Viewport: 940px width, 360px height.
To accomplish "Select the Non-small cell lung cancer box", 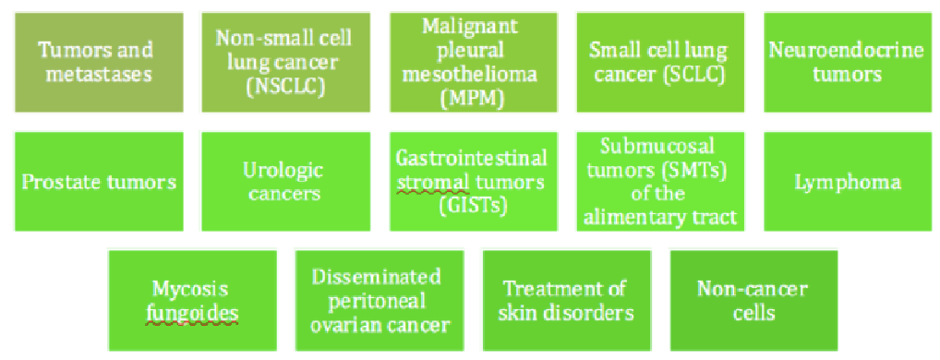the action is [x=285, y=62].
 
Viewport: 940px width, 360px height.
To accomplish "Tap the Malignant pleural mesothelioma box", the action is [x=473, y=62].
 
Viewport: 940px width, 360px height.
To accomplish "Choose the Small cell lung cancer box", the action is [x=660, y=62].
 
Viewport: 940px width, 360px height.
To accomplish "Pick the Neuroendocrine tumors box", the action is [x=848, y=62].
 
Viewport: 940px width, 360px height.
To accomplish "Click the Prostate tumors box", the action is [x=99, y=182].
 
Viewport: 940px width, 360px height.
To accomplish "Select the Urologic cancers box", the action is [x=285, y=182].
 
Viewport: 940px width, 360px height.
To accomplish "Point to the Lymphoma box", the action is [x=848, y=182].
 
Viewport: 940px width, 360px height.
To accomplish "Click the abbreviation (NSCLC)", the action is [x=285, y=86].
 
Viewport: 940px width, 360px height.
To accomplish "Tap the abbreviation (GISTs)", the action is [x=473, y=205].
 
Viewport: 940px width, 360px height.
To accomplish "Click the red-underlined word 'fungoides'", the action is [x=192, y=314].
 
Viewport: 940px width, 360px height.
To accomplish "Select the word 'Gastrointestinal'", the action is [x=473, y=159].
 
